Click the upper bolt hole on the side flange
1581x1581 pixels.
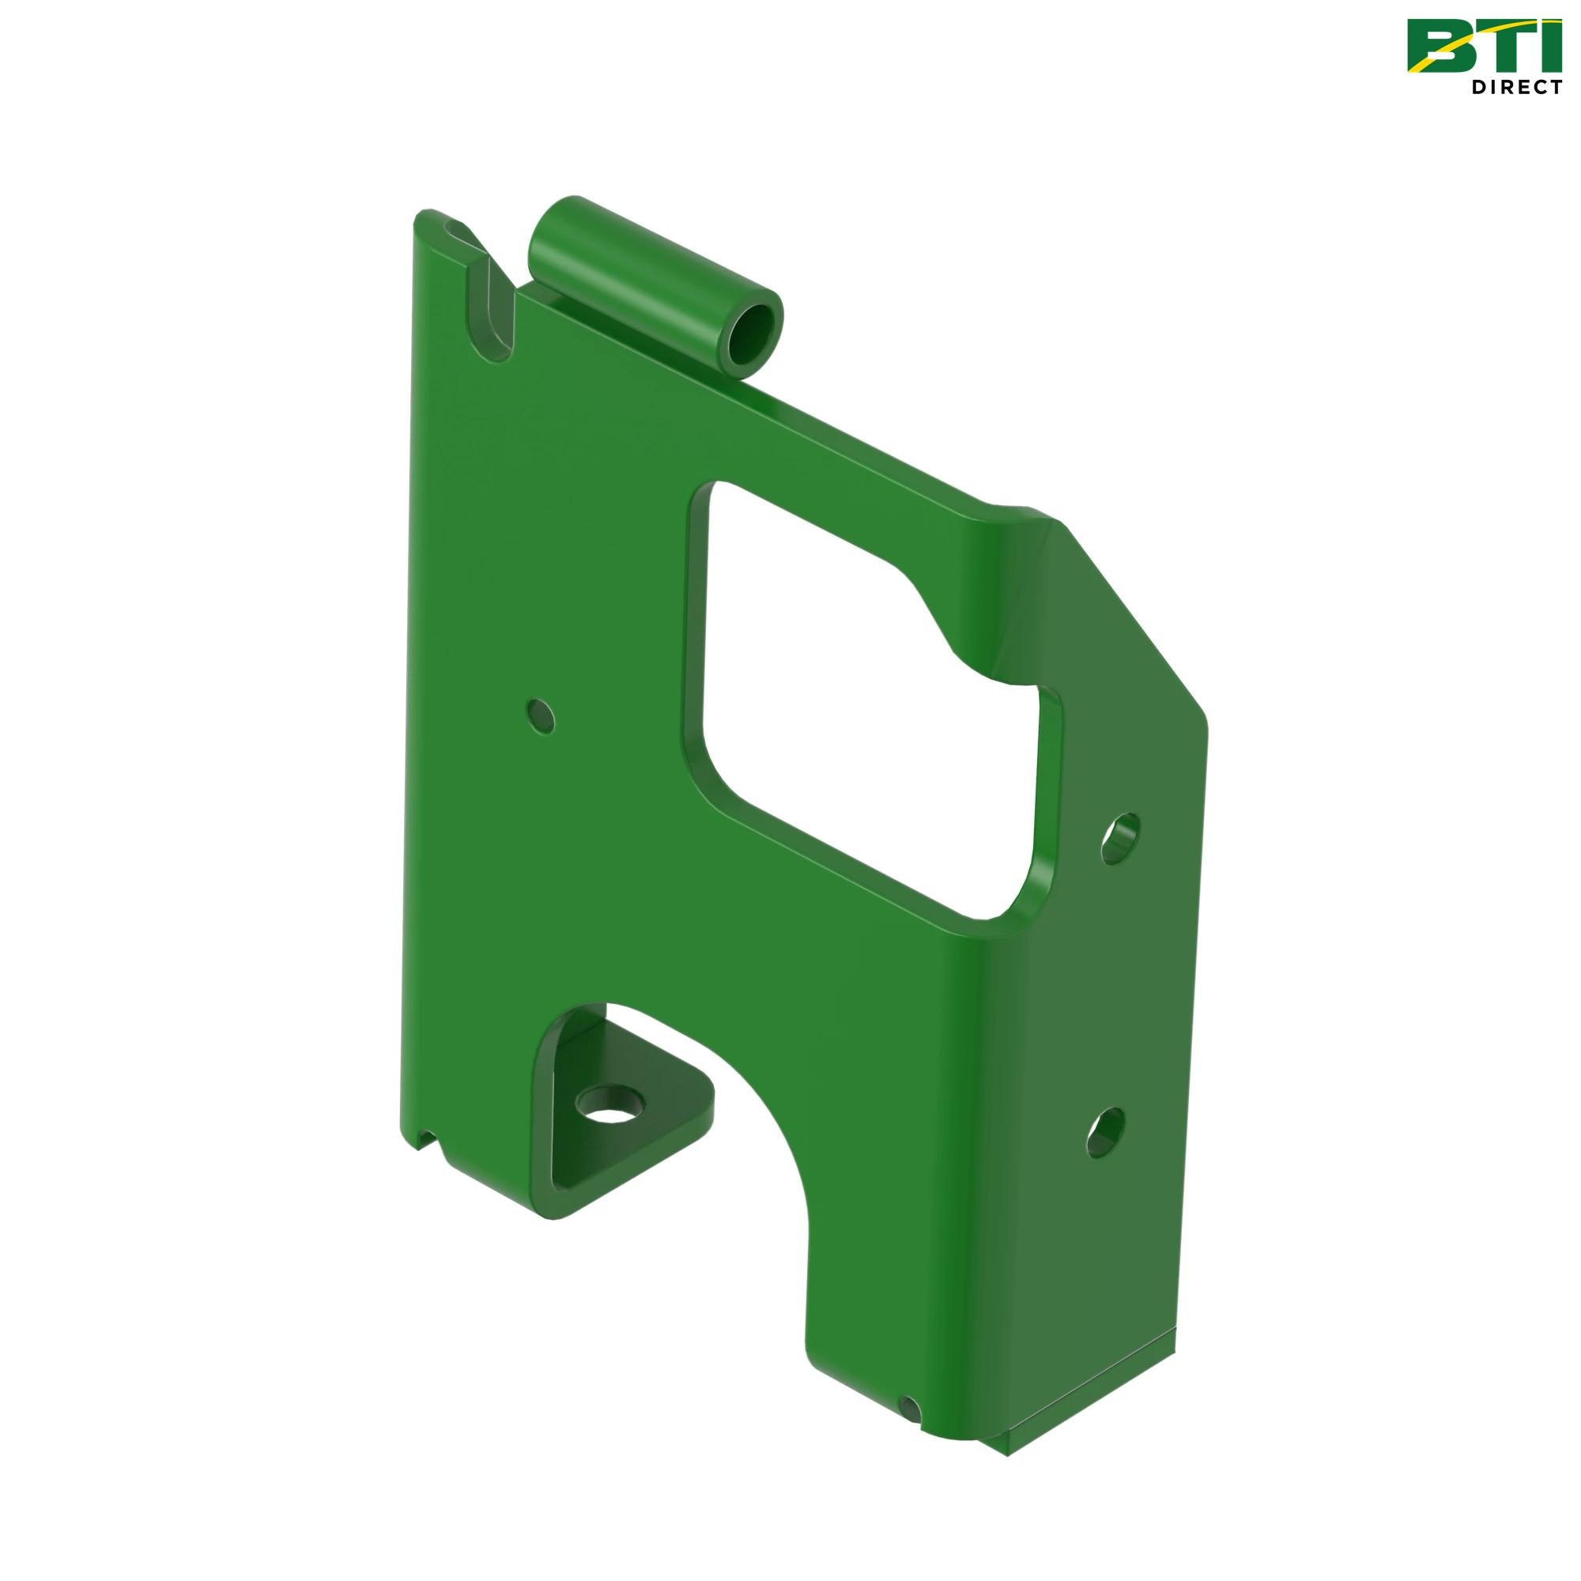coord(1119,836)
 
